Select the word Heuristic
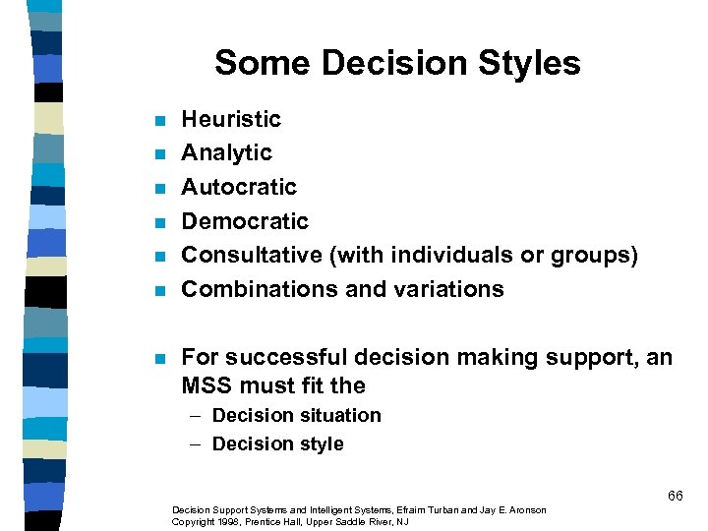(x=231, y=120)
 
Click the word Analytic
(x=226, y=153)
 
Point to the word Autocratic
(x=239, y=187)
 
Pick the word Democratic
(x=245, y=221)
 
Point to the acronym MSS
(x=205, y=385)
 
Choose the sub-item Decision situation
(x=296, y=415)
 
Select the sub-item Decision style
(x=277, y=443)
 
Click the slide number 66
(x=675, y=496)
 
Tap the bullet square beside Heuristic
(x=160, y=121)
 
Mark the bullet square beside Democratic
(x=160, y=222)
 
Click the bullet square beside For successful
(x=160, y=358)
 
